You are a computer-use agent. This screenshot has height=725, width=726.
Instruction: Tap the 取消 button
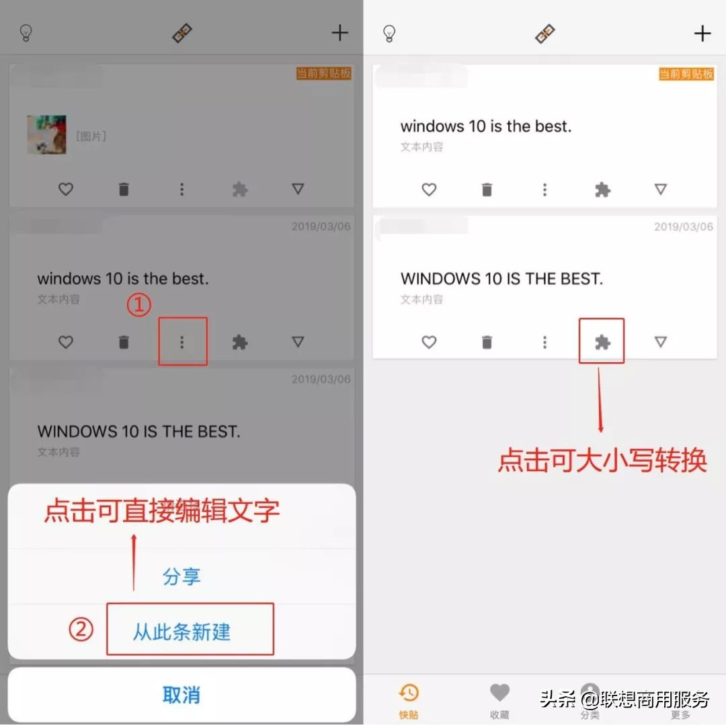click(x=182, y=695)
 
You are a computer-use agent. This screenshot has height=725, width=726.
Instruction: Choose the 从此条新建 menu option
click(x=182, y=632)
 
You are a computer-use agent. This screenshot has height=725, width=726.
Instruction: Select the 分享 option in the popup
click(x=182, y=577)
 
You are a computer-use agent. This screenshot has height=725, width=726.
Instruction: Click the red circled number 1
click(x=138, y=305)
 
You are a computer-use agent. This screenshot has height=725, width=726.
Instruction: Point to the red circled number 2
click(x=81, y=630)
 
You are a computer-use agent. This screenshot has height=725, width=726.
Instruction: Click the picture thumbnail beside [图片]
click(x=46, y=135)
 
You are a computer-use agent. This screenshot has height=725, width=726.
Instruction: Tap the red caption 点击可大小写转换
click(x=602, y=461)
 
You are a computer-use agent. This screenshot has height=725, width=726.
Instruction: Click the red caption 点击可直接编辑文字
click(x=161, y=511)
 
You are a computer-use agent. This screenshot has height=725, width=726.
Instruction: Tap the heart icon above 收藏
click(x=499, y=692)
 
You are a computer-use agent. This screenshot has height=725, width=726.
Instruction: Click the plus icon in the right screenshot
click(x=702, y=34)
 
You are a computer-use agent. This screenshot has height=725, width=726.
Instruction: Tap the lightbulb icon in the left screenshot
click(x=26, y=33)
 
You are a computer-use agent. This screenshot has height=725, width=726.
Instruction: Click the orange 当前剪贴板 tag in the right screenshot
click(x=686, y=73)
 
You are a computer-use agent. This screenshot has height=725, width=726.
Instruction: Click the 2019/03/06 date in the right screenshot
click(x=684, y=227)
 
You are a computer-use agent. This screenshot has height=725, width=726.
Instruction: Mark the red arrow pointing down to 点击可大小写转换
click(x=600, y=400)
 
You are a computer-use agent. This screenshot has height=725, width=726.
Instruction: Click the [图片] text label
click(x=91, y=136)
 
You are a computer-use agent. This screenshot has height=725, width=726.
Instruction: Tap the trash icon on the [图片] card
click(x=124, y=189)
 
